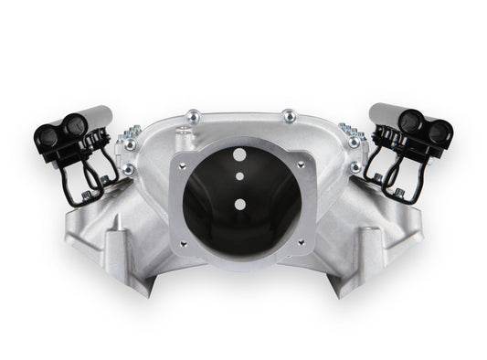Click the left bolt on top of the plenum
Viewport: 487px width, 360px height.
[193, 115]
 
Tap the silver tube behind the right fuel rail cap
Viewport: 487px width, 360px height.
[384, 115]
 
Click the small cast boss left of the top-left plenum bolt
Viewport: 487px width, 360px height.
[181, 131]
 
